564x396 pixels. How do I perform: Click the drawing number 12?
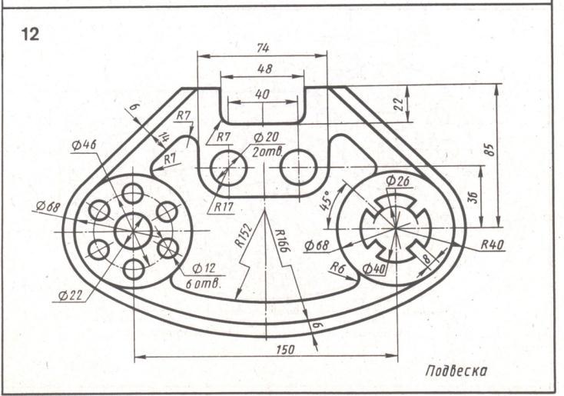pos(30,35)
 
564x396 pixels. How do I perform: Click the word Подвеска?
pos(456,371)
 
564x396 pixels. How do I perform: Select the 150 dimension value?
pos(286,349)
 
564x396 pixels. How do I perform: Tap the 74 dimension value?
pos(263,48)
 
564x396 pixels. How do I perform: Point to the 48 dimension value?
pos(265,68)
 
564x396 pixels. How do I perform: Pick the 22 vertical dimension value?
pos(399,105)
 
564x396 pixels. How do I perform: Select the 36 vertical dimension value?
pos(474,198)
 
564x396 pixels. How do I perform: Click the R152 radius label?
pos(244,236)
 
